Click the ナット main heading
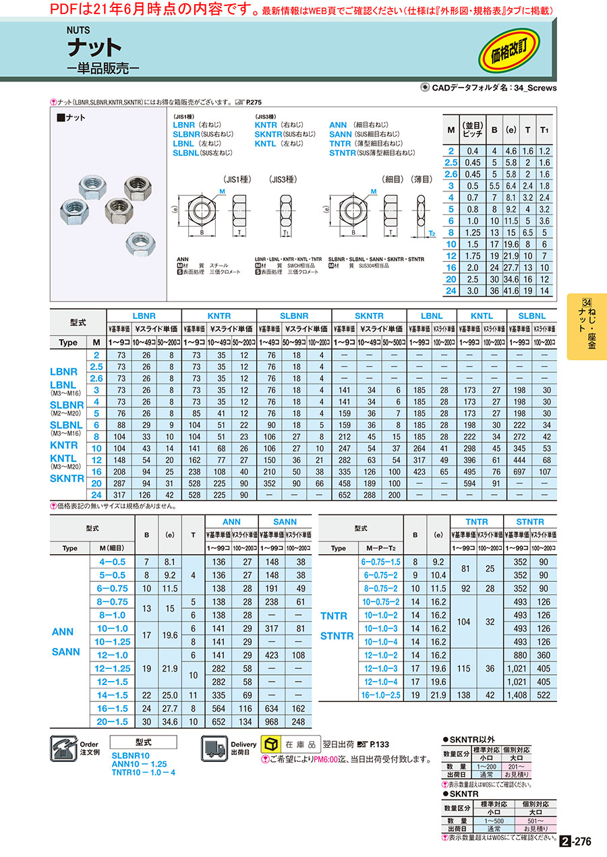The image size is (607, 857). pyautogui.click(x=94, y=48)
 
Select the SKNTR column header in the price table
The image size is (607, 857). pyautogui.click(x=368, y=316)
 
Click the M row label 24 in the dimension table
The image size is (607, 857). pyautogui.click(x=451, y=291)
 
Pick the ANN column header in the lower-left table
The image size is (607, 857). pyautogui.click(x=231, y=522)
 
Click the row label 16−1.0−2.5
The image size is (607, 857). pyautogui.click(x=381, y=695)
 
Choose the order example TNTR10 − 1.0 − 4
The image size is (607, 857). pyautogui.click(x=143, y=773)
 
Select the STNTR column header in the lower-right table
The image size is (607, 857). pyautogui.click(x=529, y=522)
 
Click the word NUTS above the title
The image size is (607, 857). pyautogui.click(x=78, y=30)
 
